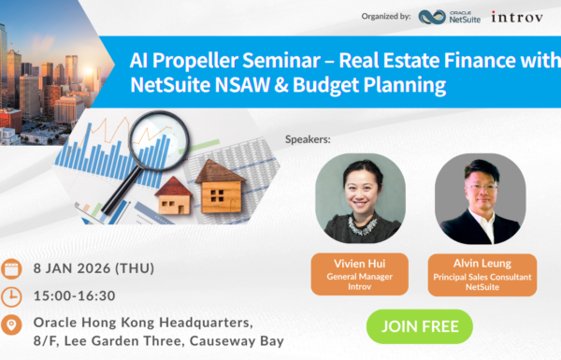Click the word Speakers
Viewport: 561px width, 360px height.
[x=307, y=140]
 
